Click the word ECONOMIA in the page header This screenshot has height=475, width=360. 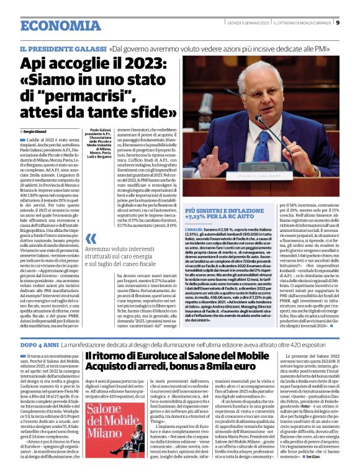[x=56, y=25]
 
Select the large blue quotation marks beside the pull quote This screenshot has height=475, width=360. [x=91, y=239]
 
